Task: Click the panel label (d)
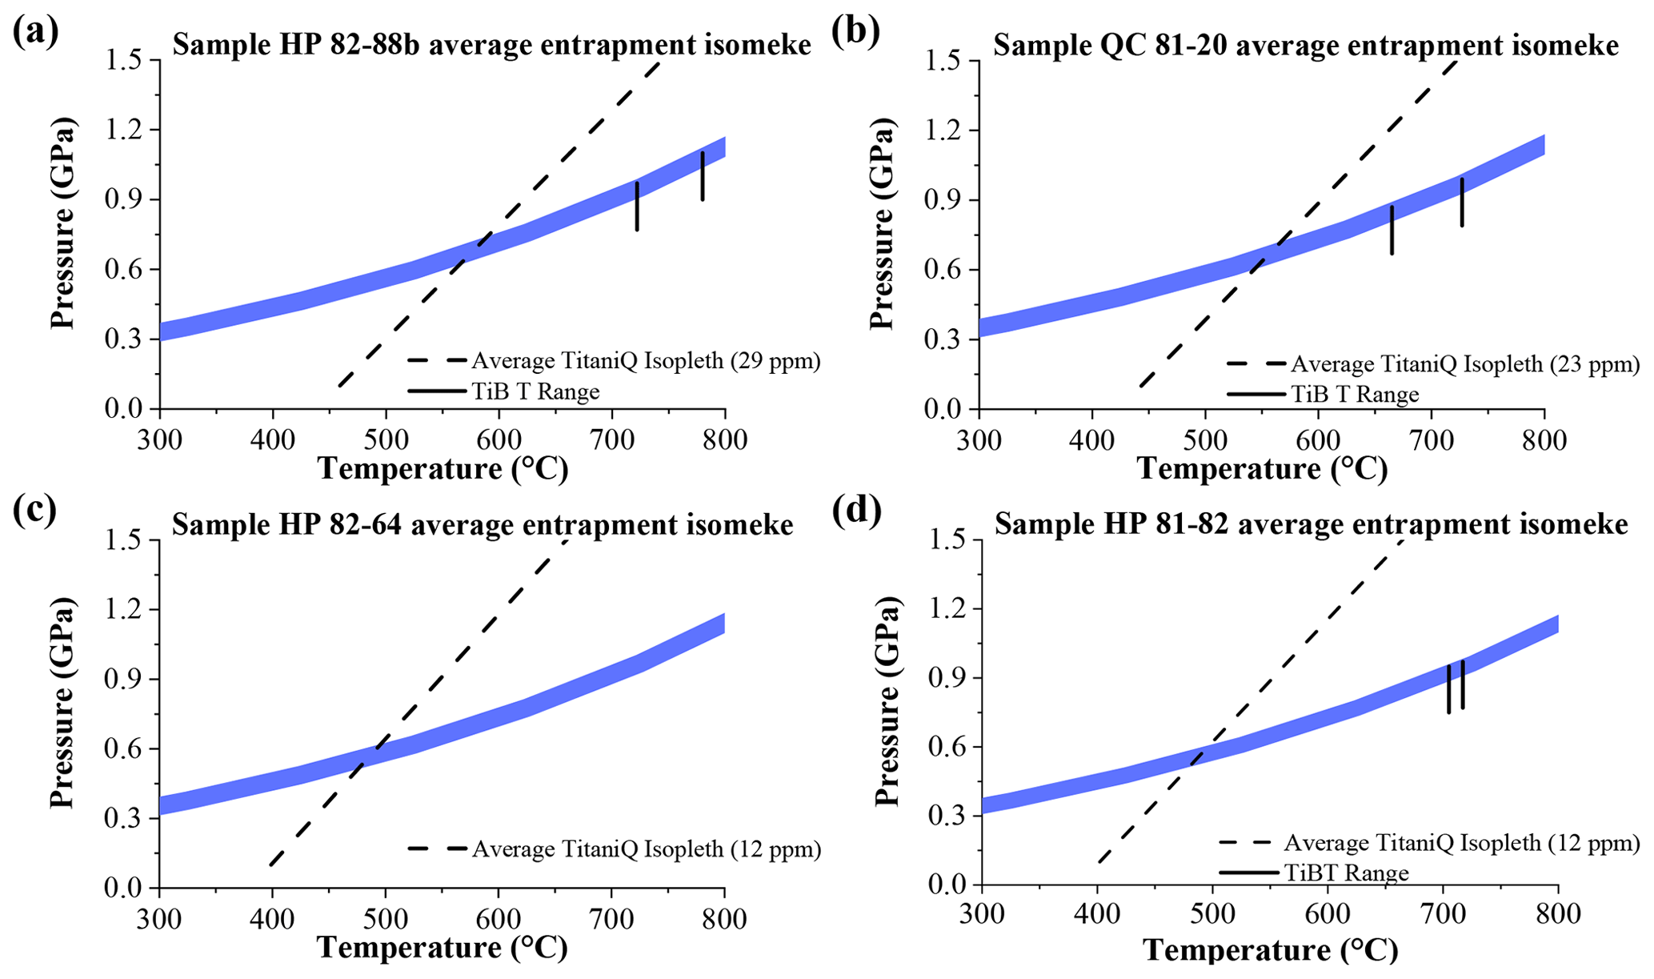pyautogui.click(x=856, y=511)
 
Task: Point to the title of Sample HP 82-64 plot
pyautogui.click(x=483, y=525)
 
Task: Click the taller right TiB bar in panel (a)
pyautogui.click(x=703, y=176)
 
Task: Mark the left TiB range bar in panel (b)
pyautogui.click(x=1392, y=231)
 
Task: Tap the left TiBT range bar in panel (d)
pyautogui.click(x=1448, y=689)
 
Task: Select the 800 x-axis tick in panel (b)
pyautogui.click(x=1544, y=440)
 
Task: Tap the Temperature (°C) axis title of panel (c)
pyautogui.click(x=443, y=948)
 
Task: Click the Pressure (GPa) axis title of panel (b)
pyautogui.click(x=881, y=223)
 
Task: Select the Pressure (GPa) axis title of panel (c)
pyautogui.click(x=62, y=703)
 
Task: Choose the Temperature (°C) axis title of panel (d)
pyautogui.click(x=1270, y=950)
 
